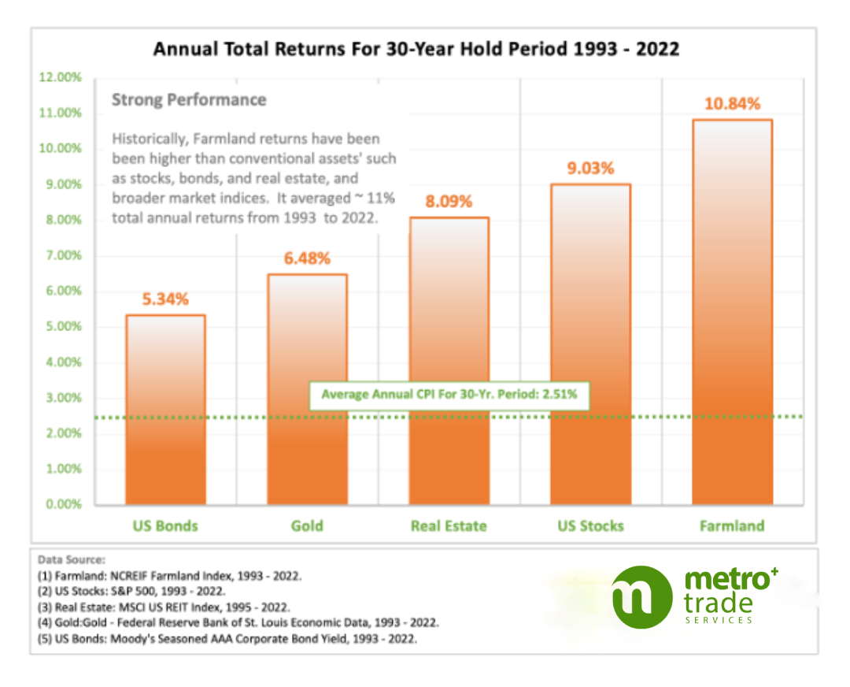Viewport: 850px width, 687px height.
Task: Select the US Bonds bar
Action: [165, 410]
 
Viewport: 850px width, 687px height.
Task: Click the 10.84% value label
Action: [732, 103]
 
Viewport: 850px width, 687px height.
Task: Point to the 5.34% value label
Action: [165, 299]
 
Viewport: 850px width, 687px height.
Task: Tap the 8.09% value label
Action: [449, 202]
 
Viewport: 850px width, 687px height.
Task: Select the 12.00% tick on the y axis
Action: [59, 77]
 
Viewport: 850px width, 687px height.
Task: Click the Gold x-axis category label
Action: [307, 525]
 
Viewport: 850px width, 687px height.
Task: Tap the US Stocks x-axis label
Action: [590, 525]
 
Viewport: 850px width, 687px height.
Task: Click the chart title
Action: [416, 49]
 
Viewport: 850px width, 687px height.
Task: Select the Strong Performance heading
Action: [189, 100]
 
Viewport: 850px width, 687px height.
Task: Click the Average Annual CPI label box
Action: [449, 394]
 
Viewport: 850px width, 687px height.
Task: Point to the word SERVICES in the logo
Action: [717, 620]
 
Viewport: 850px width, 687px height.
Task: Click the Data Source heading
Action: [70, 559]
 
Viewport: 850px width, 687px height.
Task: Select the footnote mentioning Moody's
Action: [227, 639]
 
